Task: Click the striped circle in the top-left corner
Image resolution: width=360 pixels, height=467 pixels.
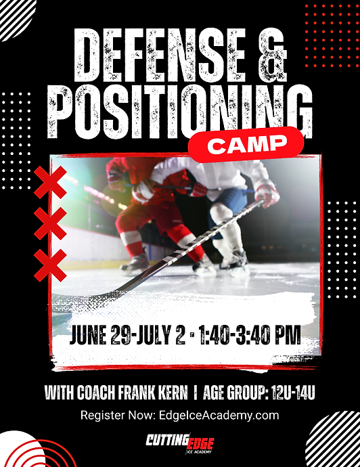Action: point(15,15)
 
